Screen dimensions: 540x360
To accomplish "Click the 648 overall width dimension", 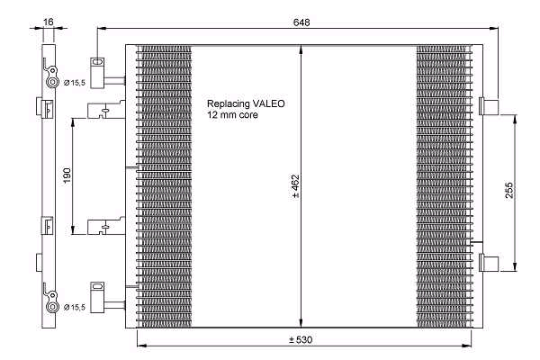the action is tap(301, 22).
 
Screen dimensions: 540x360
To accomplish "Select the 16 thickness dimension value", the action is tap(49, 22).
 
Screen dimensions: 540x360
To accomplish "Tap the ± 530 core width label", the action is tap(301, 340).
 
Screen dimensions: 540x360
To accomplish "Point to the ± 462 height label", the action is tap(295, 186).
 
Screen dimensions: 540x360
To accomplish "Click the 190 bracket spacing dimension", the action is tap(67, 175).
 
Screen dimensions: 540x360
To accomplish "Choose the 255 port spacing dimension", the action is tap(509, 190).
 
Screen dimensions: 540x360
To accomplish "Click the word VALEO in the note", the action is tap(268, 103).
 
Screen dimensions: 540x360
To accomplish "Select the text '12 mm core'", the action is tap(232, 114).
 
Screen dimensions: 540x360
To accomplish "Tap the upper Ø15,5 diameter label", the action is tap(75, 83).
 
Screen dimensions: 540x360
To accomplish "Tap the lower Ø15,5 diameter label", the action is tap(75, 307).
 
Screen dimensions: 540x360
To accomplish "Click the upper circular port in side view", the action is tap(52, 82).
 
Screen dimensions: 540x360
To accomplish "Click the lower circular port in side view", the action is tap(52, 307).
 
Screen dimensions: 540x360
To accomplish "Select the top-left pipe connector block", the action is tap(97, 73).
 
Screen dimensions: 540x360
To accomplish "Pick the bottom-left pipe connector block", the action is tap(97, 297).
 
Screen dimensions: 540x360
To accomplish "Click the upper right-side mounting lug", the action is tap(489, 107).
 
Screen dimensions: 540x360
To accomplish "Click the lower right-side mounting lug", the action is tap(489, 262).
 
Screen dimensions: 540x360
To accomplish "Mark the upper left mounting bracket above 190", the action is tap(106, 110).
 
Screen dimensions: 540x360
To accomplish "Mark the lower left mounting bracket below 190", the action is tap(106, 226).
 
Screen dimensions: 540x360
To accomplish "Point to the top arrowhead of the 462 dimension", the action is tap(301, 49).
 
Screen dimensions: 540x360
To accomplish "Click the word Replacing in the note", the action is tap(229, 103).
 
